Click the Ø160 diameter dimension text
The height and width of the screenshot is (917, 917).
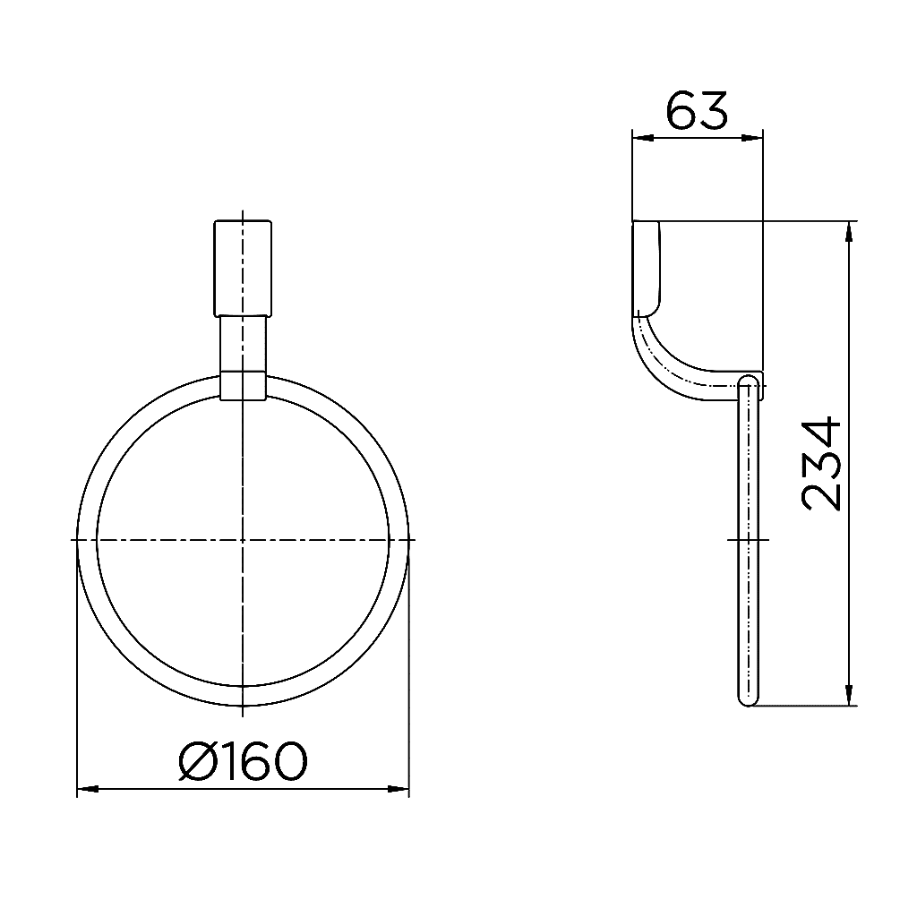coord(243,762)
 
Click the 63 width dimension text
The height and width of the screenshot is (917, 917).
coord(698,110)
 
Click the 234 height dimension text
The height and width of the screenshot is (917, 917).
coord(822,463)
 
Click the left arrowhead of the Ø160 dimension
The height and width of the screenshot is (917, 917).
coord(87,789)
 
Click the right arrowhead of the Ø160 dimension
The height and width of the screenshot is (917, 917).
coord(399,789)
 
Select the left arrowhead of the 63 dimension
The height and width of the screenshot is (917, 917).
coord(641,137)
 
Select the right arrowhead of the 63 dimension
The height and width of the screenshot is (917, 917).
coord(753,137)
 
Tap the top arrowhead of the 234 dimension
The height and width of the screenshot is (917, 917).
coord(848,230)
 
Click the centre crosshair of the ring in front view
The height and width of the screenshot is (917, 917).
coord(243,540)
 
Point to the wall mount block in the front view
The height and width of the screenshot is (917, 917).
coord(242,266)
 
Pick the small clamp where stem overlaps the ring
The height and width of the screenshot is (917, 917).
coord(243,384)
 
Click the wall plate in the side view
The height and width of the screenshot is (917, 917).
coord(647,268)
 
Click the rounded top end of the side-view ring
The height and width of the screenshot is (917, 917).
coord(748,383)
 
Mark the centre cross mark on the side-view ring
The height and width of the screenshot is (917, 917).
coord(748,540)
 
